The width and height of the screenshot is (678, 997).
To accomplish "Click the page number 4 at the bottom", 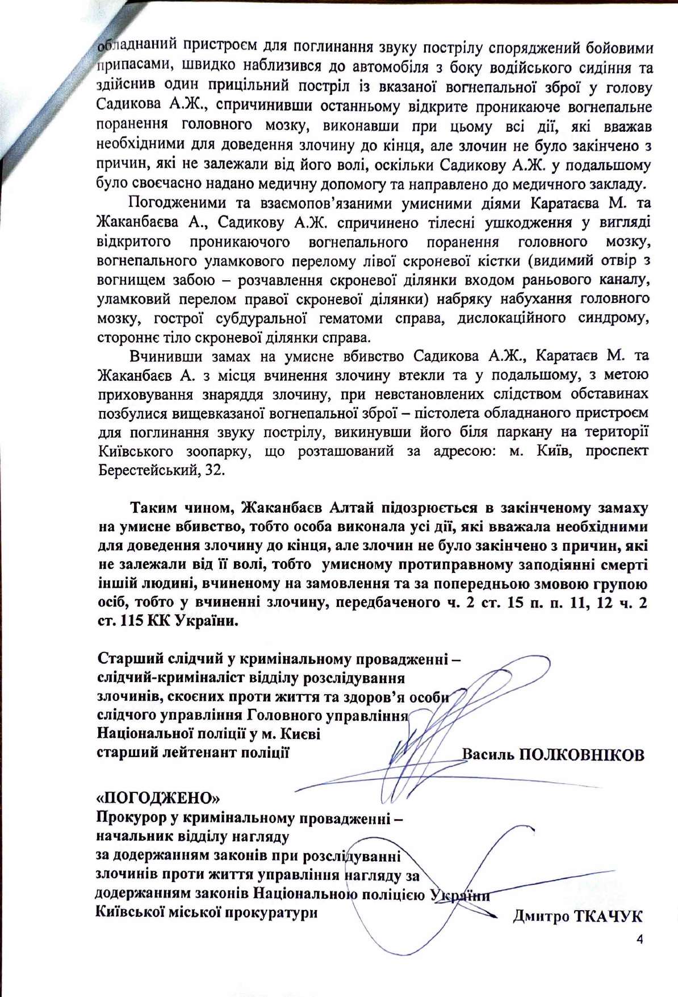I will pyautogui.click(x=640, y=940).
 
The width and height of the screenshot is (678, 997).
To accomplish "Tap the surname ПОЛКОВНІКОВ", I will pyautogui.click(x=581, y=754).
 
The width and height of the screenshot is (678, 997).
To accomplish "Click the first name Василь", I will pyautogui.click(x=488, y=754).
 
